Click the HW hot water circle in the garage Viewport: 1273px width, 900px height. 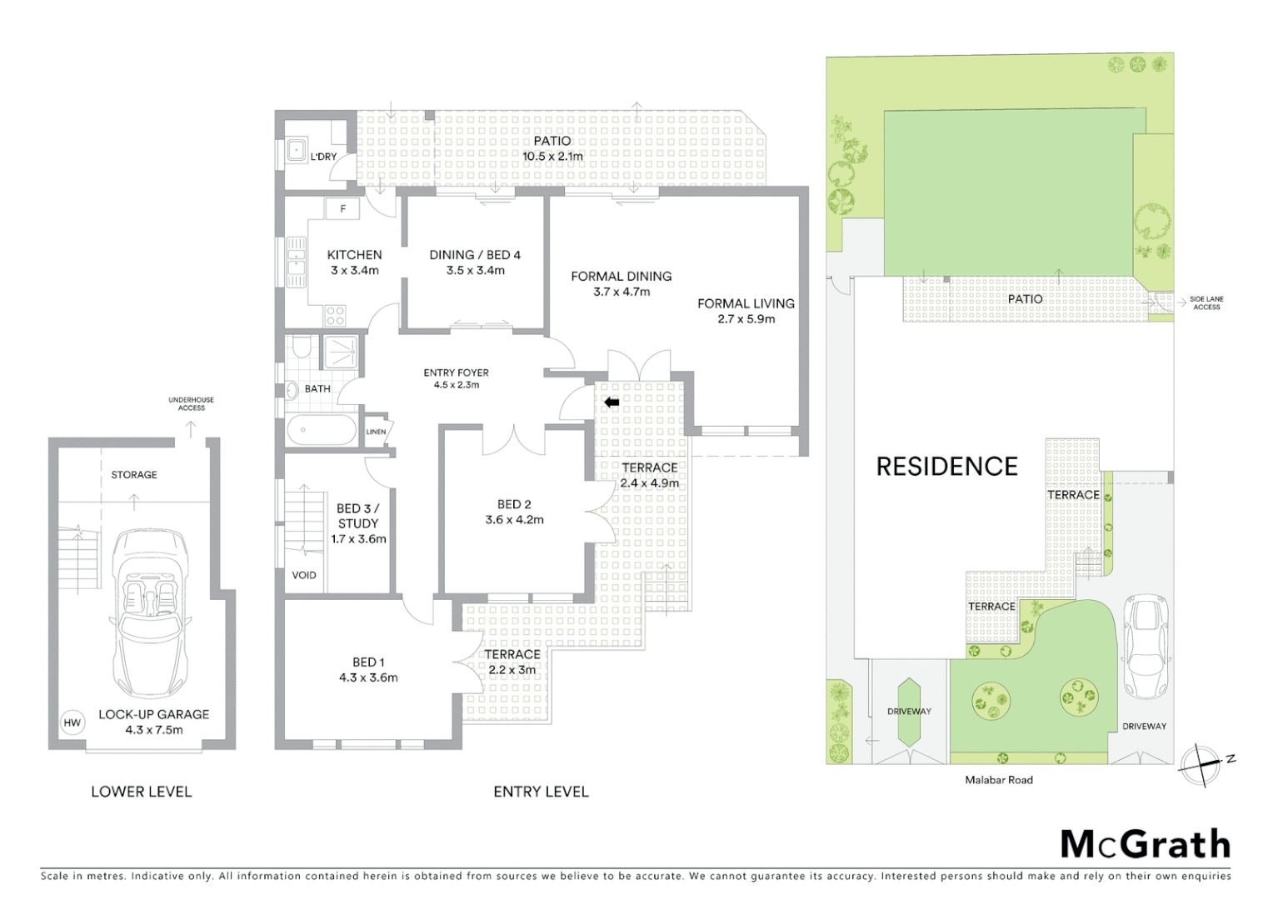tap(72, 722)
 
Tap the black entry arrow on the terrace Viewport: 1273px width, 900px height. tap(612, 402)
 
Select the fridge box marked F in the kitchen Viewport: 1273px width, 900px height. tap(342, 209)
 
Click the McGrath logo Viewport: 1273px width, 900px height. tap(1145, 844)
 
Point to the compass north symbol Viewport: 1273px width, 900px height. tap(1201, 765)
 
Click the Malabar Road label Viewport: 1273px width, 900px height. tap(998, 780)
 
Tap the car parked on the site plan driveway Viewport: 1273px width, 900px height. tap(1146, 647)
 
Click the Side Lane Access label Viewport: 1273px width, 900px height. tap(1206, 303)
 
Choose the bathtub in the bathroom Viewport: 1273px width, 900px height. tap(322, 432)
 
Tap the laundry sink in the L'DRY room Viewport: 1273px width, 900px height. tap(297, 151)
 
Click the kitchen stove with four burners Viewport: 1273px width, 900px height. tap(335, 316)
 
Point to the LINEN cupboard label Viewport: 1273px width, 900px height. tap(376, 432)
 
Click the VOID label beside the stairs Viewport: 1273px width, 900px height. tap(303, 575)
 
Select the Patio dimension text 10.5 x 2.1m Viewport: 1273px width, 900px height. tap(552, 157)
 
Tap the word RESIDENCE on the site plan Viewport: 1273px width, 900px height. tap(946, 467)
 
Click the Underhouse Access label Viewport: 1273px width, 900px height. tap(191, 404)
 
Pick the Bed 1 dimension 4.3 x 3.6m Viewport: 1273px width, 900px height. tap(368, 678)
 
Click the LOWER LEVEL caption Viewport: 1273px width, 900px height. tap(141, 792)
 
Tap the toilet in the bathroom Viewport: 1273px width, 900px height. tap(302, 347)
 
